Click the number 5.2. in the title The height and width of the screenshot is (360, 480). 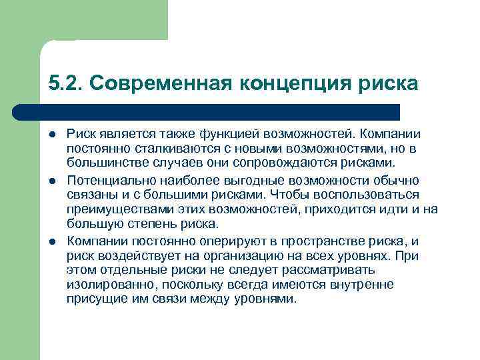point(65,83)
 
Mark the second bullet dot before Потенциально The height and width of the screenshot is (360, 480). point(53,181)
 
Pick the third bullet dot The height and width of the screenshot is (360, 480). point(53,240)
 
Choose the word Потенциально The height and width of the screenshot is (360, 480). point(107,181)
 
